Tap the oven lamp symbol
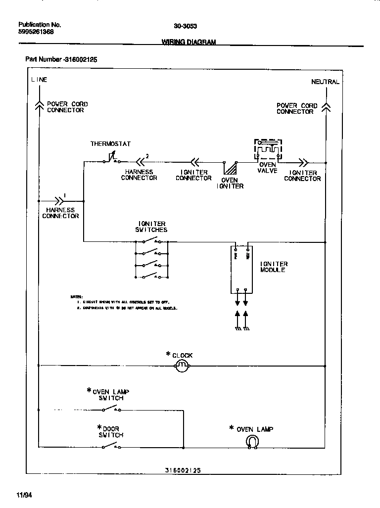coord(252,442)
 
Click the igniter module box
coord(242,270)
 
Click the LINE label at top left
coord(39,80)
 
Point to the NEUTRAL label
coord(325,82)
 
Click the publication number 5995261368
coord(36,32)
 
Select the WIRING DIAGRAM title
coord(189,43)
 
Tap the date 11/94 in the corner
coord(24,495)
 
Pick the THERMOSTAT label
coord(110,144)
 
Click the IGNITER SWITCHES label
coord(151,227)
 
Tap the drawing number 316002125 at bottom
coord(183,471)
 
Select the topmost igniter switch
coord(151,241)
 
